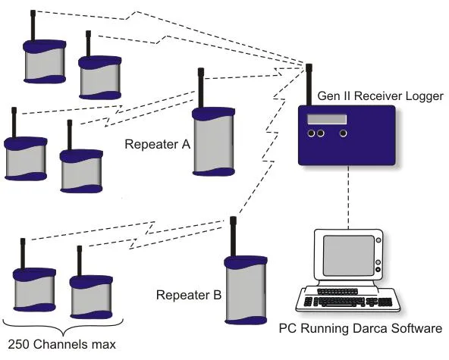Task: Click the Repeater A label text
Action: (x=158, y=144)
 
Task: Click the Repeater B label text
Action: (x=189, y=295)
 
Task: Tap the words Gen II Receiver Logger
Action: (x=380, y=95)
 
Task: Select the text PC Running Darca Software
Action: (x=360, y=328)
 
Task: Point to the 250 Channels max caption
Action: (x=61, y=344)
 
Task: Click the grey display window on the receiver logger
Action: (x=327, y=119)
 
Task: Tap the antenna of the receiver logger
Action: (x=309, y=85)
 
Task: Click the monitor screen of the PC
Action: (x=348, y=255)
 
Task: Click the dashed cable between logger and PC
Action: (x=348, y=198)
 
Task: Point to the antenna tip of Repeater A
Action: (x=201, y=69)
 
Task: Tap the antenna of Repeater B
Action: (x=233, y=236)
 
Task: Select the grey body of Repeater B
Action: (x=246, y=293)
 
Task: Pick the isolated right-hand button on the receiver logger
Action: (x=343, y=133)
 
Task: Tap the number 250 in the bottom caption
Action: (x=18, y=344)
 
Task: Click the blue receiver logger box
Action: (x=347, y=136)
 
